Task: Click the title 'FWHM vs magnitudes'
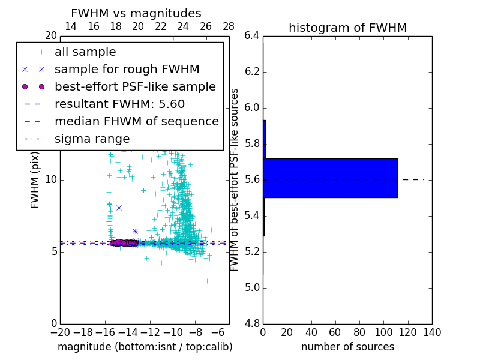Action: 136,13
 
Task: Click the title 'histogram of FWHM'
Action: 347,28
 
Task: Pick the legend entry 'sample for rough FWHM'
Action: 127,69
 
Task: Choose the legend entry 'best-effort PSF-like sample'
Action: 135,86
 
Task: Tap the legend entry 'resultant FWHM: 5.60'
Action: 119,104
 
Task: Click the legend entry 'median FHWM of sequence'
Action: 136,121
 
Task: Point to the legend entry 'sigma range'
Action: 92,139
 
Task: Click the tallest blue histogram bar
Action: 330,178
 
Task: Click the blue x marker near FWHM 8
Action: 119,208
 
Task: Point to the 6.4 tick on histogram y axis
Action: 252,36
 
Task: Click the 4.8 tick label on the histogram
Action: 252,323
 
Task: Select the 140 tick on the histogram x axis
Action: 432,332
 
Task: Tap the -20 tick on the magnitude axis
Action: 60,332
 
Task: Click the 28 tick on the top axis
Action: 229,26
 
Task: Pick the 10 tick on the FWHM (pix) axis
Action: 51,179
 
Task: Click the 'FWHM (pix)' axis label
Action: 35,180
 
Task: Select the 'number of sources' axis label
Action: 347,347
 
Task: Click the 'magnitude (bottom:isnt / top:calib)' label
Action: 145,347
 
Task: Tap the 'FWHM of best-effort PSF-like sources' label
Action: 235,179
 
